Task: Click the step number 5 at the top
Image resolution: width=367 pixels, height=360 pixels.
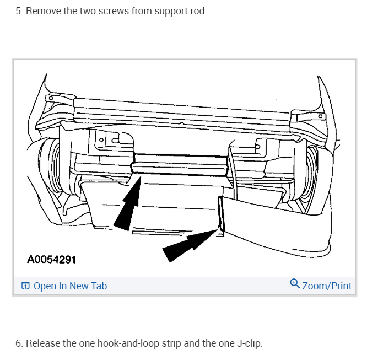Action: pyautogui.click(x=18, y=11)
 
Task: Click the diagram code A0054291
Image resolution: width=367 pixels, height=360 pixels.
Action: pyautogui.click(x=51, y=259)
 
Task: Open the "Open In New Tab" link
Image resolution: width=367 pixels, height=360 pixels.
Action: pyautogui.click(x=70, y=286)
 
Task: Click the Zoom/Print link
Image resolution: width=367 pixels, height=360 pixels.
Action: pyautogui.click(x=327, y=286)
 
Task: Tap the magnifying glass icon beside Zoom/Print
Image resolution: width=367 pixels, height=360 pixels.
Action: pyautogui.click(x=295, y=284)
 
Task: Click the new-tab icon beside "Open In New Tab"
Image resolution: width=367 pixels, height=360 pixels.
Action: pyautogui.click(x=25, y=286)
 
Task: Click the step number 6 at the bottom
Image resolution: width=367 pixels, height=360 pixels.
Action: pyautogui.click(x=18, y=343)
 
